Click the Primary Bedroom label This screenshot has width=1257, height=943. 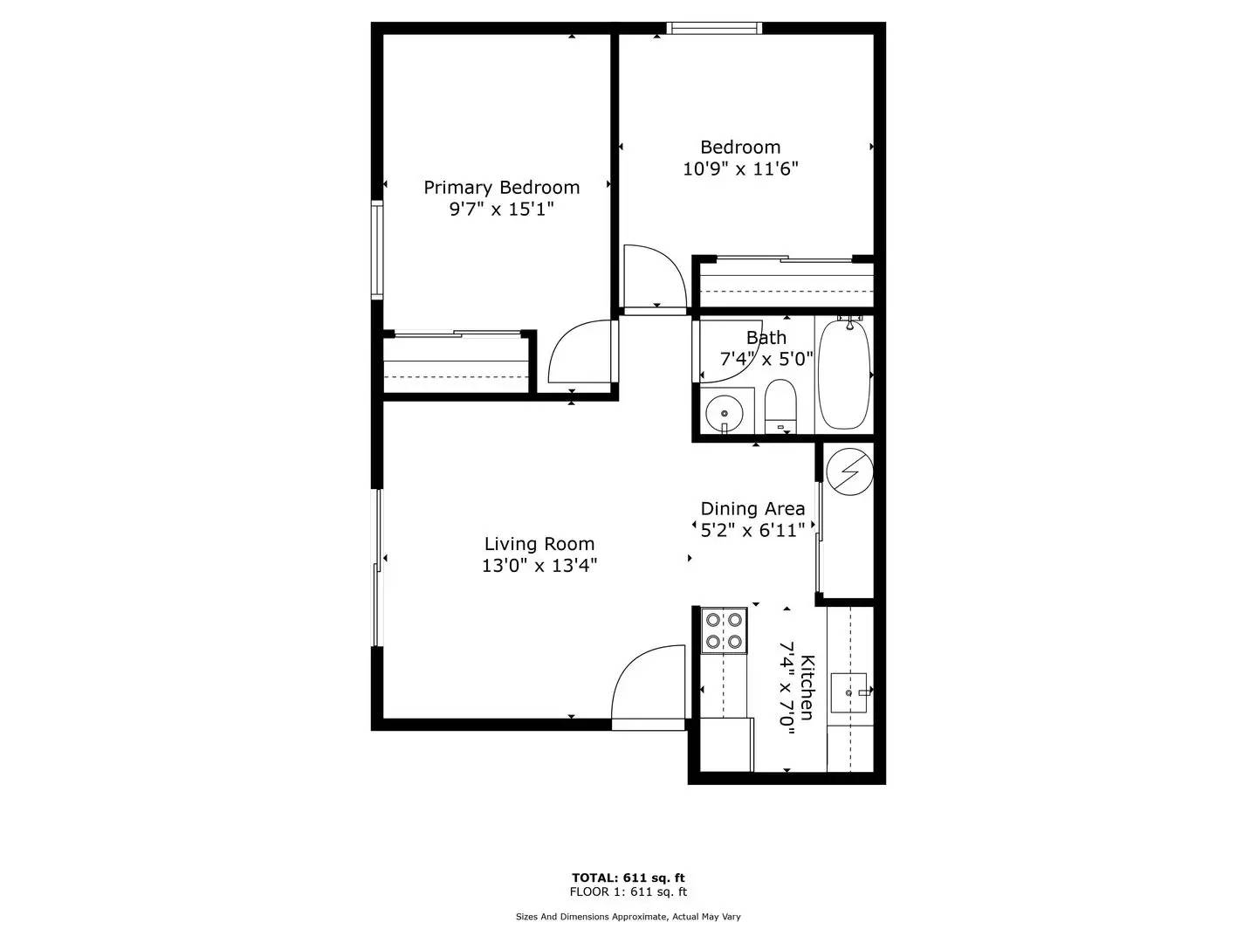pos(501,188)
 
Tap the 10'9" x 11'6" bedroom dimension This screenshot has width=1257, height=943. pos(740,169)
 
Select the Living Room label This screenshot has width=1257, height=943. pos(539,544)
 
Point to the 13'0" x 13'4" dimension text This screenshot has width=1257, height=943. pos(539,566)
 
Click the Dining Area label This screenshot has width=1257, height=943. pos(752,509)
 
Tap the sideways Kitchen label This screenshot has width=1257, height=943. pos(807,687)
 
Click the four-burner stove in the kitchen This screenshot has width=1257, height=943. pos(725,631)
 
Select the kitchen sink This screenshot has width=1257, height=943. pos(849,692)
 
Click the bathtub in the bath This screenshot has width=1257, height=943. pos(844,374)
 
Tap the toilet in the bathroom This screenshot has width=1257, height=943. pos(780,404)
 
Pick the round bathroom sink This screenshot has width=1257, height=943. pos(724,412)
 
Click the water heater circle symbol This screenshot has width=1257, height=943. pos(849,471)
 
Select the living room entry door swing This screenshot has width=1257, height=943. pos(648,685)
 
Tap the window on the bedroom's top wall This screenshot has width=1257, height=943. pos(714,28)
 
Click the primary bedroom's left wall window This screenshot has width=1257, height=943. pos(377,251)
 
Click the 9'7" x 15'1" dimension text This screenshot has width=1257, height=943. pos(501,210)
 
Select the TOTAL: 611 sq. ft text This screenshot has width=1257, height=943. pos(628,878)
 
